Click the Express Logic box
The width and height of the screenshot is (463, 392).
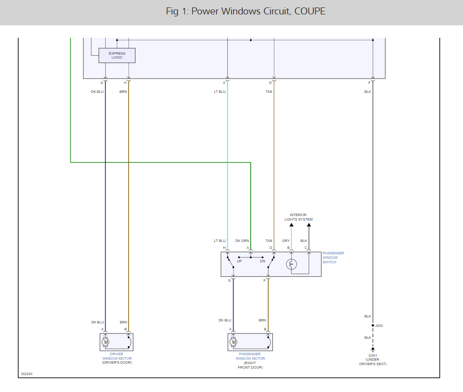click(117, 55)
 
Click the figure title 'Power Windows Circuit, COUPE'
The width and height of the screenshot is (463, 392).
click(246, 11)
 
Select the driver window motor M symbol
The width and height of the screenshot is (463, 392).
click(106, 342)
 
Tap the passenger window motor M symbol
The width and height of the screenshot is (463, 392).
click(234, 342)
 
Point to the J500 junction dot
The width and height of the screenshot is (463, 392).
click(373, 326)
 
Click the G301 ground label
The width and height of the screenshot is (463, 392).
click(372, 356)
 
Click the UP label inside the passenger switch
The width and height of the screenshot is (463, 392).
click(239, 261)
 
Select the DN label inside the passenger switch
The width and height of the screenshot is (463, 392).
click(263, 261)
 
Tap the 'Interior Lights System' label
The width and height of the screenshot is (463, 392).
click(298, 217)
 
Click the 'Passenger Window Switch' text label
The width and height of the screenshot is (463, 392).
click(333, 257)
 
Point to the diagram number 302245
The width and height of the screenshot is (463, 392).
click(27, 374)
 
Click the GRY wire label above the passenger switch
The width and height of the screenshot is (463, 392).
click(286, 241)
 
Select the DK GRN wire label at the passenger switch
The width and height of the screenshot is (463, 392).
click(242, 241)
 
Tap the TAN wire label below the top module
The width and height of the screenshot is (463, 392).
click(269, 91)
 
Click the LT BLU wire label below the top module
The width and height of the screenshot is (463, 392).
click(220, 91)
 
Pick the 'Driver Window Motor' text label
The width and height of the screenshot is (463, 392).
click(117, 356)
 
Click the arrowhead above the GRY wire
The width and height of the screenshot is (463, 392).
click(291, 226)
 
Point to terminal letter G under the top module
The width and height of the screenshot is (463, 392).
click(102, 82)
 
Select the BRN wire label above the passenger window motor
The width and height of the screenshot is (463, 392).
click(262, 320)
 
